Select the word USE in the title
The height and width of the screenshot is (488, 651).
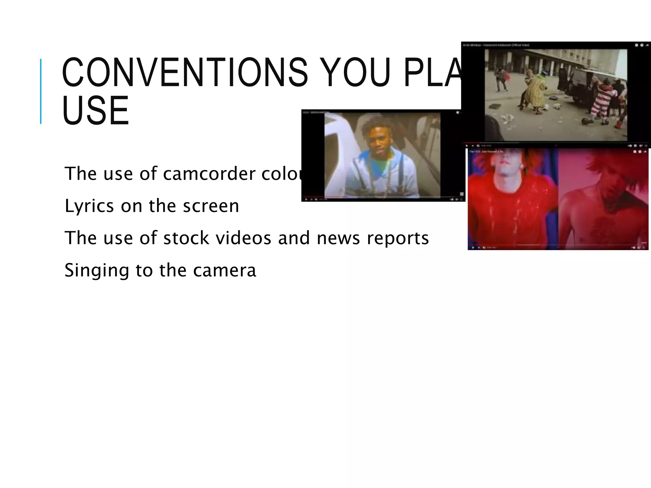click(x=95, y=111)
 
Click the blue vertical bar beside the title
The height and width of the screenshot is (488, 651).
click(x=41, y=91)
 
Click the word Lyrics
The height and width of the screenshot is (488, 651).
click(x=89, y=206)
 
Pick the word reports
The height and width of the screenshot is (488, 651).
click(x=398, y=238)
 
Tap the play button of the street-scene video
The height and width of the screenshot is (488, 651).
click(x=467, y=146)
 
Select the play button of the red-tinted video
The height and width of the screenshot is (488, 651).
click(x=473, y=247)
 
